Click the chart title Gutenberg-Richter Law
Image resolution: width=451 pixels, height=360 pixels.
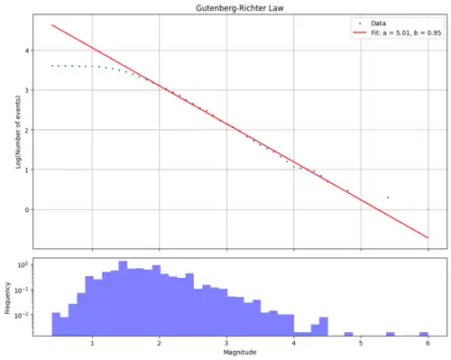click(240, 8)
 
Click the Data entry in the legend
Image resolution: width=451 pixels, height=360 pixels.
click(378, 23)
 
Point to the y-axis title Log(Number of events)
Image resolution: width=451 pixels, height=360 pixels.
click(18, 132)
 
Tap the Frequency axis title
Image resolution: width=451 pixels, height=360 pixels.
click(7, 298)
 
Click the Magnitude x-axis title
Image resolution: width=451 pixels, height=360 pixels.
click(240, 352)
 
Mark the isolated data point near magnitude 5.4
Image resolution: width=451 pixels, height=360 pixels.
click(388, 198)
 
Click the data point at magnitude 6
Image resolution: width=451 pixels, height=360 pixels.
click(428, 209)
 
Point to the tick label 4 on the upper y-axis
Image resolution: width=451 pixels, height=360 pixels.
click(27, 51)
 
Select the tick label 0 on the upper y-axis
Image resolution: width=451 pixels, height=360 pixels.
click(27, 209)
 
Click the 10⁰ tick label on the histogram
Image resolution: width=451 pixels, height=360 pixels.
click(23, 265)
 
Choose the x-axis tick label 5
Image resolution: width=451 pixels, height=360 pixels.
click(361, 343)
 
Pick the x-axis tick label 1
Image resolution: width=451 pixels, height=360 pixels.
click(92, 343)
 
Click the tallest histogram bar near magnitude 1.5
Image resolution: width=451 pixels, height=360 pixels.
click(123, 299)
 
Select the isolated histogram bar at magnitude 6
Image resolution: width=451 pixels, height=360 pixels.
click(424, 334)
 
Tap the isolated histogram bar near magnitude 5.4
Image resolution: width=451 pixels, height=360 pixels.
click(391, 334)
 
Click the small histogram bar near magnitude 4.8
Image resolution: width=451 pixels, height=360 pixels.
click(348, 334)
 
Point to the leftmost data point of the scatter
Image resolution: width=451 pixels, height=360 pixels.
click(52, 66)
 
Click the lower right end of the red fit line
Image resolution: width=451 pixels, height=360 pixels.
click(428, 238)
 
